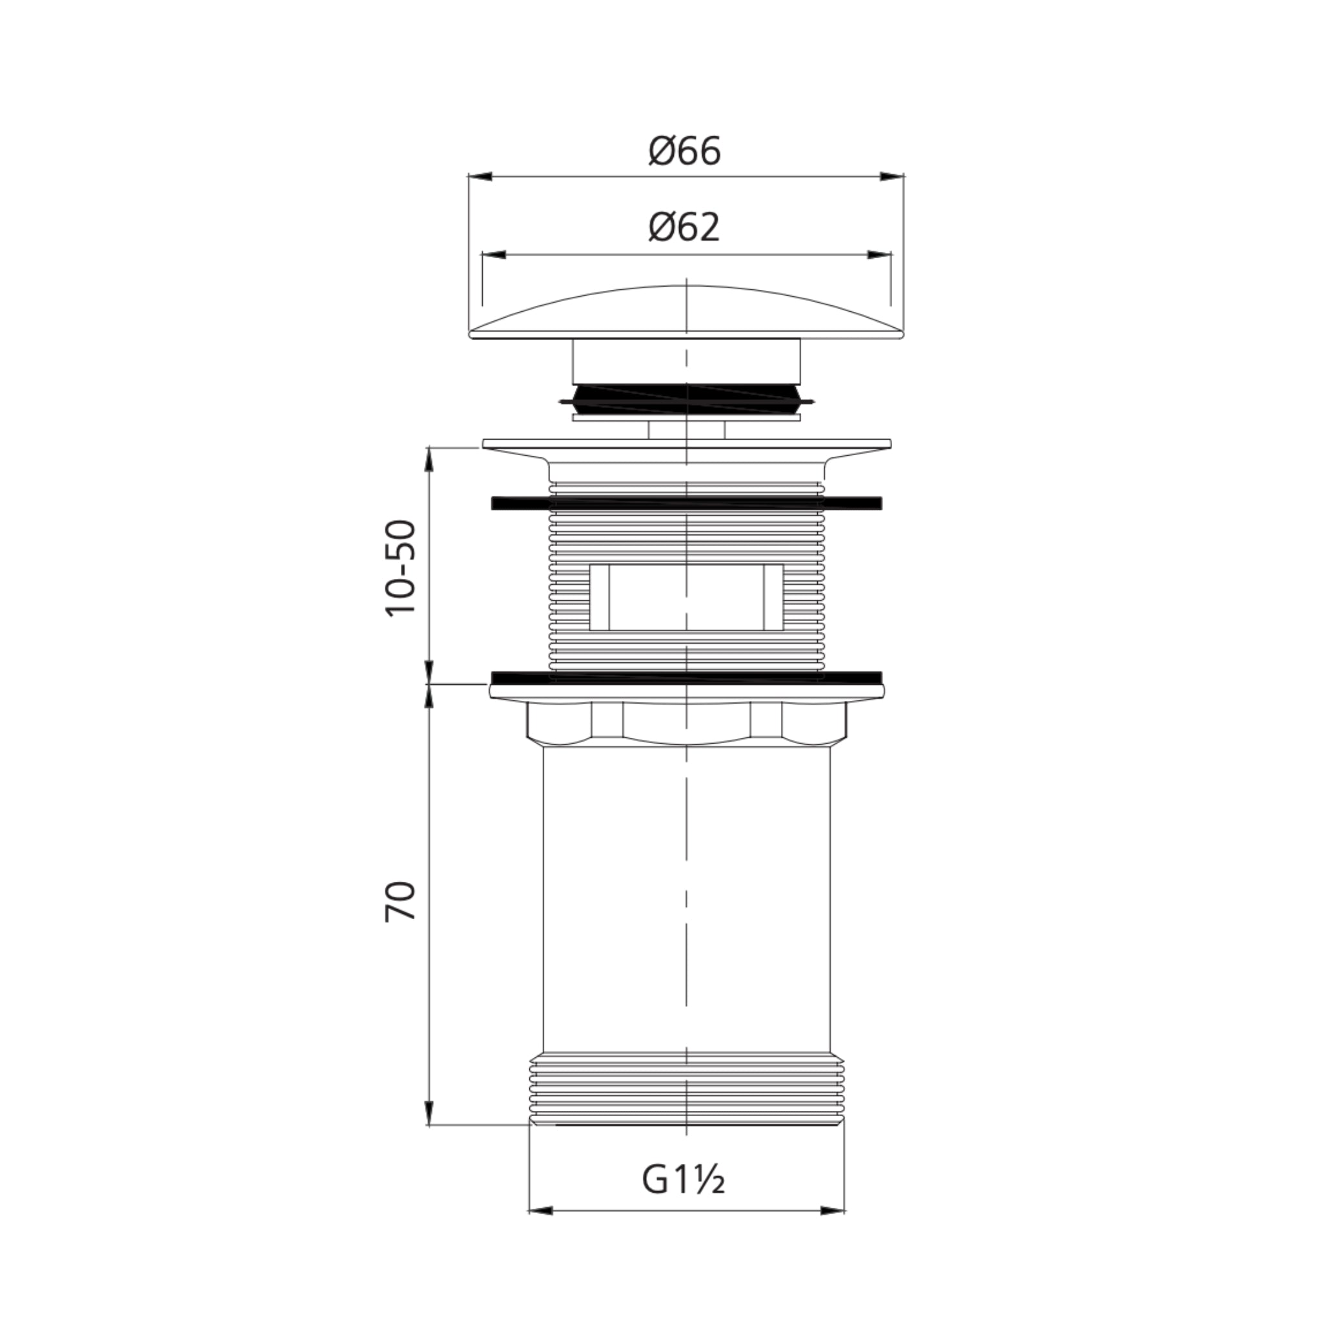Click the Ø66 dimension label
click(685, 151)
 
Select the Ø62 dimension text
click(685, 228)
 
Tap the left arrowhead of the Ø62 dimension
click(494, 254)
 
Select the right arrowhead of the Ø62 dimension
click(879, 254)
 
